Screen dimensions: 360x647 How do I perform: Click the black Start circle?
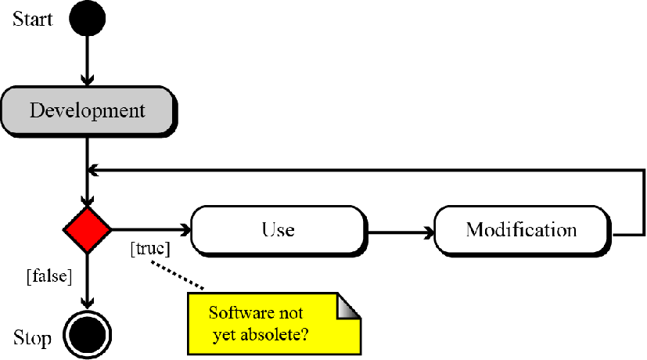[87, 19]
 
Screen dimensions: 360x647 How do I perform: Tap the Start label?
[33, 19]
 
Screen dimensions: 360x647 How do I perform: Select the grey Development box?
[87, 110]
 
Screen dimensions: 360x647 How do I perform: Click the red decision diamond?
[87, 229]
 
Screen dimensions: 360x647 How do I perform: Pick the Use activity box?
[278, 230]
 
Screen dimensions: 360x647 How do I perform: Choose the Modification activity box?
[521, 230]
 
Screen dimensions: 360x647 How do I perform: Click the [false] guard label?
[49, 275]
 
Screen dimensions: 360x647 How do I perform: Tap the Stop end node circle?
[87, 335]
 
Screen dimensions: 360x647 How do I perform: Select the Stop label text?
[33, 338]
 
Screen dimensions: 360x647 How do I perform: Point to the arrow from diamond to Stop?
[87, 282]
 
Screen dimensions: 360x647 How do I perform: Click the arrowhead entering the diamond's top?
[87, 200]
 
